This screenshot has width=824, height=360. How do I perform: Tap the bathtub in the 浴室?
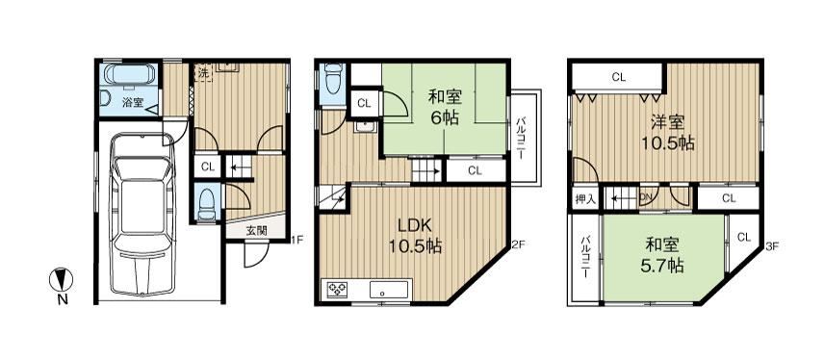pos(130,74)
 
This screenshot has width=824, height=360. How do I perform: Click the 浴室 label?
pos(133,102)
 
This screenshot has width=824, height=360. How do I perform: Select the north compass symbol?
pos(61,279)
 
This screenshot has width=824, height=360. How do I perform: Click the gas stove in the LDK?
pos(336,290)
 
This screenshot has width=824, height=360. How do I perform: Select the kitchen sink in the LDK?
pos(389,290)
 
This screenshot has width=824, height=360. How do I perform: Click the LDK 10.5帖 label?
pos(415,236)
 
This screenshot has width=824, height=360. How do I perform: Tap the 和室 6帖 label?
pos(445,107)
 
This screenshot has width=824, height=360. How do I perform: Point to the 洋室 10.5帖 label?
pos(667,133)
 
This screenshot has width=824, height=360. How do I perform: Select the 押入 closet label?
pos(585,199)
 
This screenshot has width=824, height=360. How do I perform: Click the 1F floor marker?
pos(296,241)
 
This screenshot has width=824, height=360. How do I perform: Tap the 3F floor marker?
pos(771,245)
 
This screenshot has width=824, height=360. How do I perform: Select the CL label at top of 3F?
pos(619,78)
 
